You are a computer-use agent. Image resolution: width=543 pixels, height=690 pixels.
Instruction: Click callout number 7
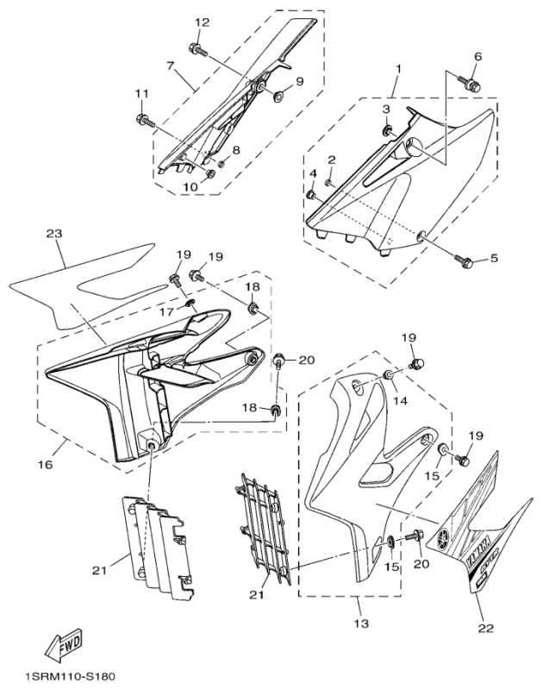[170, 65]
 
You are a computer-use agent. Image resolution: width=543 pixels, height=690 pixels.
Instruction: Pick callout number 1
[399, 67]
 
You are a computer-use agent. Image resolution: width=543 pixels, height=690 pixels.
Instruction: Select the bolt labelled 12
[198, 50]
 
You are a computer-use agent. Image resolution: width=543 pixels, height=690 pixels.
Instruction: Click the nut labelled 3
[387, 131]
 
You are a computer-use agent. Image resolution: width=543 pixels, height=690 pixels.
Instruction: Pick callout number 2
[331, 160]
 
